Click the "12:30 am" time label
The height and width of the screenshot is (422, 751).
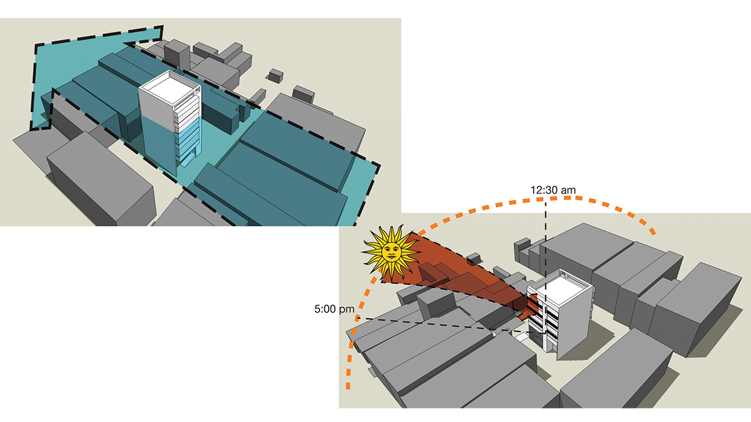pos(553,190)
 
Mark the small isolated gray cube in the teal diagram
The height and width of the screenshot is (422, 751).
pos(276,75)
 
